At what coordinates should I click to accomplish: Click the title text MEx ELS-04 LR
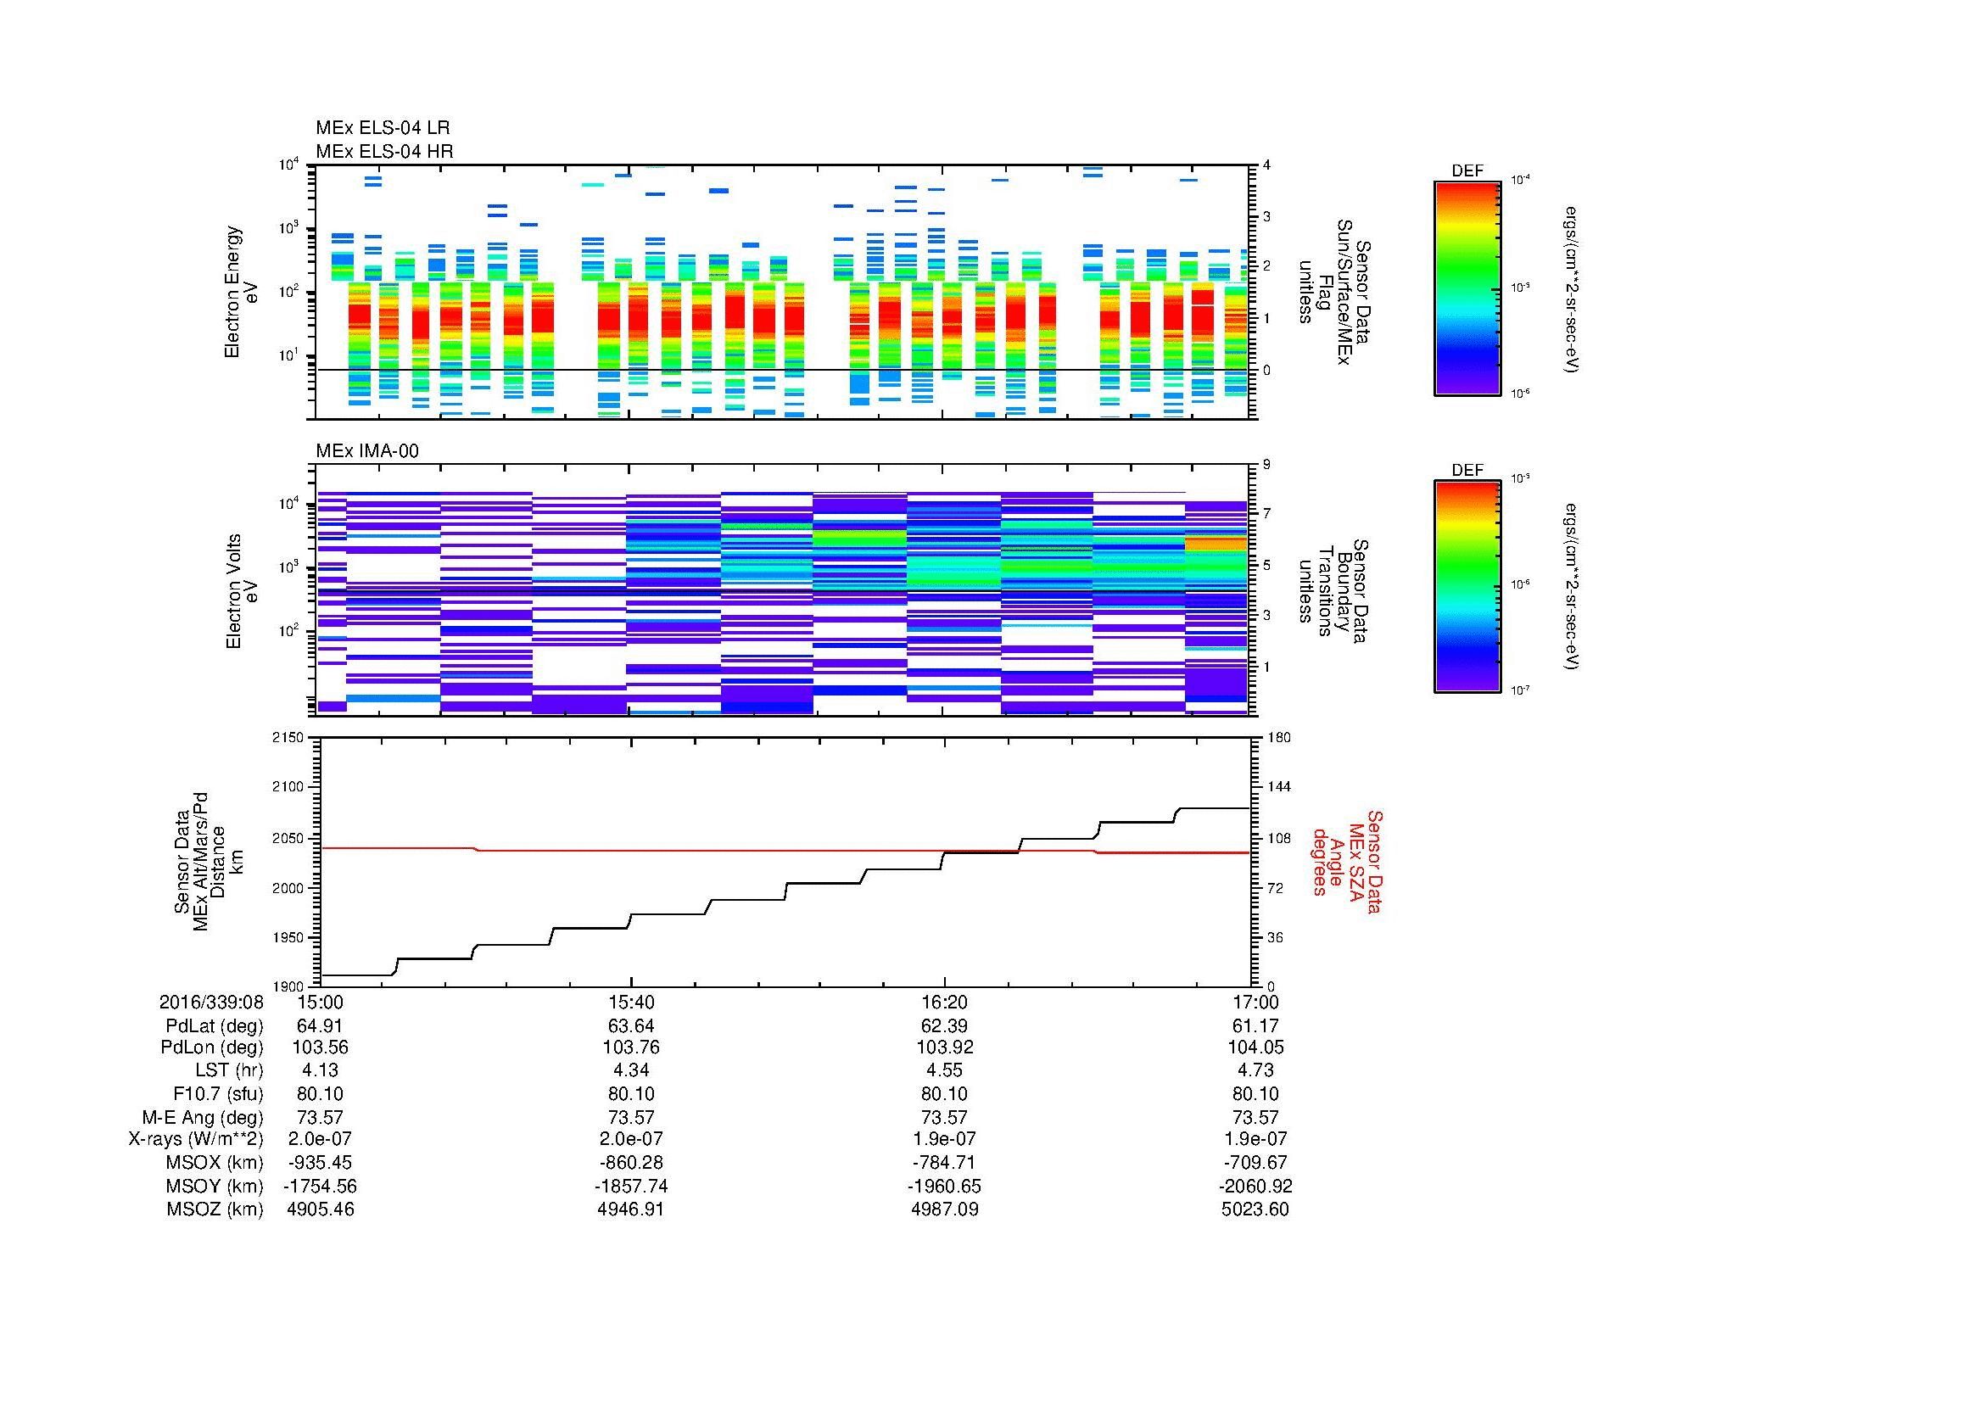[x=382, y=128]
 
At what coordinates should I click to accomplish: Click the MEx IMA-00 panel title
[x=366, y=451]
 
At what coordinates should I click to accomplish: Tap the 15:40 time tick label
[x=632, y=1003]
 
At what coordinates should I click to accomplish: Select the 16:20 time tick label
[x=944, y=1003]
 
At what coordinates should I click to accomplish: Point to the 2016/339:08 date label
[x=211, y=1003]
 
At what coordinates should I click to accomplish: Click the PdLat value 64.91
[x=320, y=1026]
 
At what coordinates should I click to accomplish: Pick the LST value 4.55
[x=944, y=1070]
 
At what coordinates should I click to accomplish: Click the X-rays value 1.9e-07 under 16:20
[x=944, y=1139]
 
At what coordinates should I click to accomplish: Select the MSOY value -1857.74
[x=632, y=1186]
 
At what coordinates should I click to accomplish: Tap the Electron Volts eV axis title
[x=243, y=591]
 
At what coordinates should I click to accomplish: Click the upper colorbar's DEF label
[x=1467, y=171]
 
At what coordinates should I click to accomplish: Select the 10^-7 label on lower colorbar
[x=1520, y=690]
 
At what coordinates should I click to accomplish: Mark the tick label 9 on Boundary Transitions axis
[x=1266, y=465]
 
